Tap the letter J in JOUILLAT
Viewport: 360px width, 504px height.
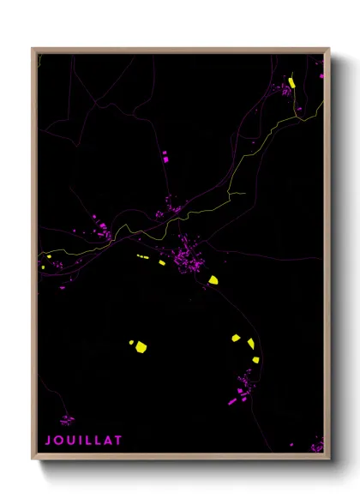[x=48, y=441]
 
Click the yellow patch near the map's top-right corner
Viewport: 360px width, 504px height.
[x=291, y=82]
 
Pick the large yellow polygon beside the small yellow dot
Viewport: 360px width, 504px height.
[x=141, y=347]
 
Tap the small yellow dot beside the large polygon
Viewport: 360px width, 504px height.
[x=131, y=343]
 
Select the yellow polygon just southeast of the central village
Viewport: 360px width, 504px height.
[x=213, y=279]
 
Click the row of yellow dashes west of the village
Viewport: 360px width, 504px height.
[x=142, y=255]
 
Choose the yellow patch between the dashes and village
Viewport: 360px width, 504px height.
[x=161, y=262]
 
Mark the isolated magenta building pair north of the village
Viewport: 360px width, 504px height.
[x=165, y=156]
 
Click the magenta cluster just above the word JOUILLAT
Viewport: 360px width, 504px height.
[x=66, y=420]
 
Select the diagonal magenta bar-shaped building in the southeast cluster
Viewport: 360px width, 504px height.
[x=231, y=400]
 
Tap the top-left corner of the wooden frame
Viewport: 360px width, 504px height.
[x=33, y=49]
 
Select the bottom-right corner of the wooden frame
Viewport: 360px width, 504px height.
[x=329, y=459]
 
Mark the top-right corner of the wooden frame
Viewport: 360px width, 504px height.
[x=329, y=49]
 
